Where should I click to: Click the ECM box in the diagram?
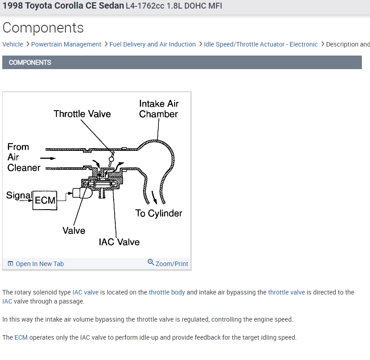pyautogui.click(x=45, y=200)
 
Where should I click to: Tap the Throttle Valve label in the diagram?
pyautogui.click(x=82, y=114)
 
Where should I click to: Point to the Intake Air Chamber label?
pyautogui.click(x=158, y=109)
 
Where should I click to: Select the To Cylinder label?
pyautogui.click(x=159, y=213)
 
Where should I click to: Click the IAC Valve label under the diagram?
pyautogui.click(x=119, y=242)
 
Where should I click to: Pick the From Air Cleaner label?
pyautogui.click(x=23, y=157)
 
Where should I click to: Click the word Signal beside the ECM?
pyautogui.click(x=19, y=196)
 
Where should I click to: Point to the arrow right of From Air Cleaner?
pyautogui.click(x=48, y=158)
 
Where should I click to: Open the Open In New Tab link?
pyautogui.click(x=40, y=264)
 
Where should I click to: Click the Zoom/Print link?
pyautogui.click(x=171, y=264)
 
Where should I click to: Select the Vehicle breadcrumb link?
pyautogui.click(x=13, y=44)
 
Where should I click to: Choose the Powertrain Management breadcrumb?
pyautogui.click(x=66, y=44)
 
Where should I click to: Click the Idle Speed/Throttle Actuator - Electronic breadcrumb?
pyautogui.click(x=261, y=44)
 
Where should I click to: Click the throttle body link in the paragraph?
pyautogui.click(x=167, y=292)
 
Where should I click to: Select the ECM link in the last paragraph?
pyautogui.click(x=21, y=337)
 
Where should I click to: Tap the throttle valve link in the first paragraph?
pyautogui.click(x=287, y=292)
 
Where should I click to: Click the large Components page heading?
pyautogui.click(x=43, y=28)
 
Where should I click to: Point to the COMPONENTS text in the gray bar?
pyautogui.click(x=30, y=62)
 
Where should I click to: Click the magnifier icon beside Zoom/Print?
pyautogui.click(x=151, y=262)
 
